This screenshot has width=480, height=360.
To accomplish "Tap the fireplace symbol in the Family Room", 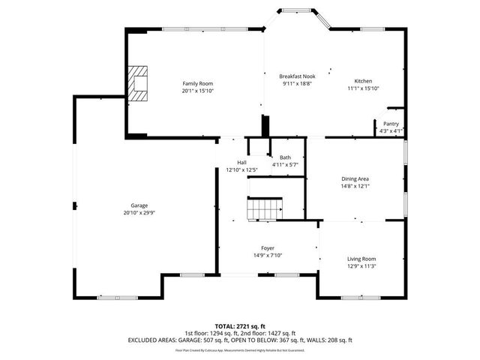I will click(x=137, y=82).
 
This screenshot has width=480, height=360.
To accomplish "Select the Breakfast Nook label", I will click(x=297, y=76).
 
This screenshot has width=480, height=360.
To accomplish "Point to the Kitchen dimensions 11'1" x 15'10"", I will click(x=363, y=88).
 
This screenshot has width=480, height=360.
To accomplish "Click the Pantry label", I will click(x=391, y=124).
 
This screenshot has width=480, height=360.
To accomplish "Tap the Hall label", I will click(x=241, y=163).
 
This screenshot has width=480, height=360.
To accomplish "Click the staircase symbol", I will click(x=265, y=208).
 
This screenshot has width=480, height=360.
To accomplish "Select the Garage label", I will click(x=139, y=205).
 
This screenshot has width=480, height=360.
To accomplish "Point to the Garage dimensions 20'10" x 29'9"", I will click(x=139, y=212).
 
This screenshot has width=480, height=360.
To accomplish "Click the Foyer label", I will click(x=268, y=247).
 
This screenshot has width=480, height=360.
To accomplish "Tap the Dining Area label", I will click(x=355, y=178).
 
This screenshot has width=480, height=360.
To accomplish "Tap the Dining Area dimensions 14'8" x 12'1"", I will click(x=355, y=186).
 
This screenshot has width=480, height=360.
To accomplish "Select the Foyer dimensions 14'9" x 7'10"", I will click(x=268, y=255).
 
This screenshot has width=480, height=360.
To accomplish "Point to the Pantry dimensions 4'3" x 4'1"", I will click(x=391, y=130).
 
